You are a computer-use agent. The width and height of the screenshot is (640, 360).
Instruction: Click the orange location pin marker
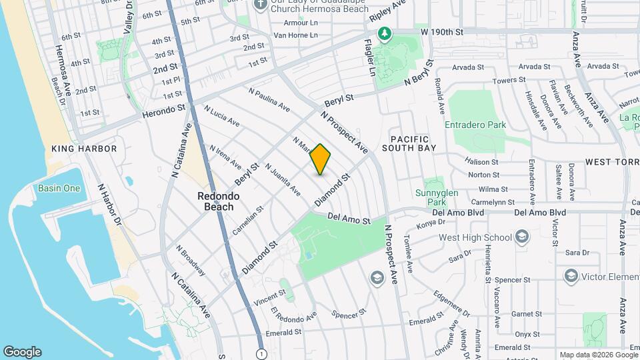coord(321,159)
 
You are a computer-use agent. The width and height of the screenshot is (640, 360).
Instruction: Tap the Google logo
coord(22,352)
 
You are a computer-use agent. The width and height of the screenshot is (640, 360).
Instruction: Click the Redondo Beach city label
coord(215,201)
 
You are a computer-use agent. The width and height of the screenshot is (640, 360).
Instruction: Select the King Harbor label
coord(84,149)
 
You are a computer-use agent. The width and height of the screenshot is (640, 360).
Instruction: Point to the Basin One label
coord(59,188)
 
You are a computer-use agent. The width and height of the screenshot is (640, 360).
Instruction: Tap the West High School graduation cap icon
coord(521,237)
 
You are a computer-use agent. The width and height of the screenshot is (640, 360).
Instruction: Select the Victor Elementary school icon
coord(571,275)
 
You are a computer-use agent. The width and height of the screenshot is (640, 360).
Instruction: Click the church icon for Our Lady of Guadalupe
coord(260,5)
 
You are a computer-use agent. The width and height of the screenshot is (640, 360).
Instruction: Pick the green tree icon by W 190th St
coord(384,33)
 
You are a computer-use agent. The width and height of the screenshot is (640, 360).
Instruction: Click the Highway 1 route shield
coord(261,353)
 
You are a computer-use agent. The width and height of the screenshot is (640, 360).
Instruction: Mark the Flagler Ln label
coord(369,57)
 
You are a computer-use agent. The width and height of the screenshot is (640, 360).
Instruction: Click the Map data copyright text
coord(598,355)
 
